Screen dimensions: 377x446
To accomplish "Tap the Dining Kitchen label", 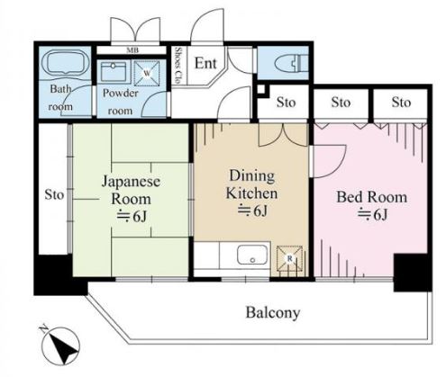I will click(x=251, y=184).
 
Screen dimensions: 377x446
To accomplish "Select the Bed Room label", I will click(x=370, y=197).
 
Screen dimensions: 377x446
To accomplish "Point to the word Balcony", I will click(x=272, y=314).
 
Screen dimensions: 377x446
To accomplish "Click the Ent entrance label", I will click(x=205, y=63).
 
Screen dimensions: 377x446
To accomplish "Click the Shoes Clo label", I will click(x=179, y=65).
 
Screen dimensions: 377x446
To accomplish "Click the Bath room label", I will click(x=60, y=96).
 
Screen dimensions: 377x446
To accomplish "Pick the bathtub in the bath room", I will click(x=62, y=65).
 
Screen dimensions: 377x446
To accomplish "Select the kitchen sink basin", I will click(x=253, y=255).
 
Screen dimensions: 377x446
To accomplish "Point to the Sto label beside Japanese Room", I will click(x=52, y=193).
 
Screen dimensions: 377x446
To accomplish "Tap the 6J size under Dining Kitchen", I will click(x=251, y=211).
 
